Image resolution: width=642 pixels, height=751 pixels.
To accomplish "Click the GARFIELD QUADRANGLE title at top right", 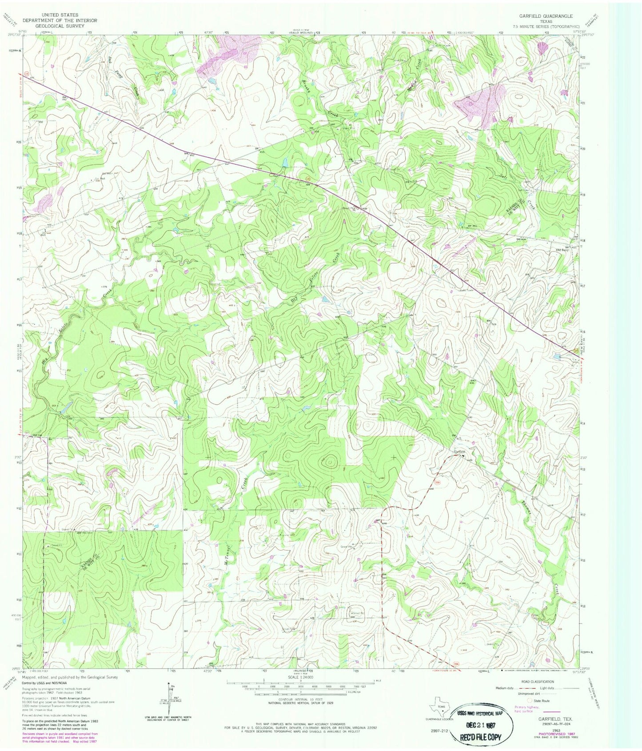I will [549, 16].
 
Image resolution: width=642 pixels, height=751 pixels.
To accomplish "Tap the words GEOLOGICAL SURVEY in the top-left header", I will [60, 26].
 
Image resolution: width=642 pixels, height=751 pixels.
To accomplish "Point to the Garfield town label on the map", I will [459, 451].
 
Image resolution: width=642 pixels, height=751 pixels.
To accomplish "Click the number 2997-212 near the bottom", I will [439, 730].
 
